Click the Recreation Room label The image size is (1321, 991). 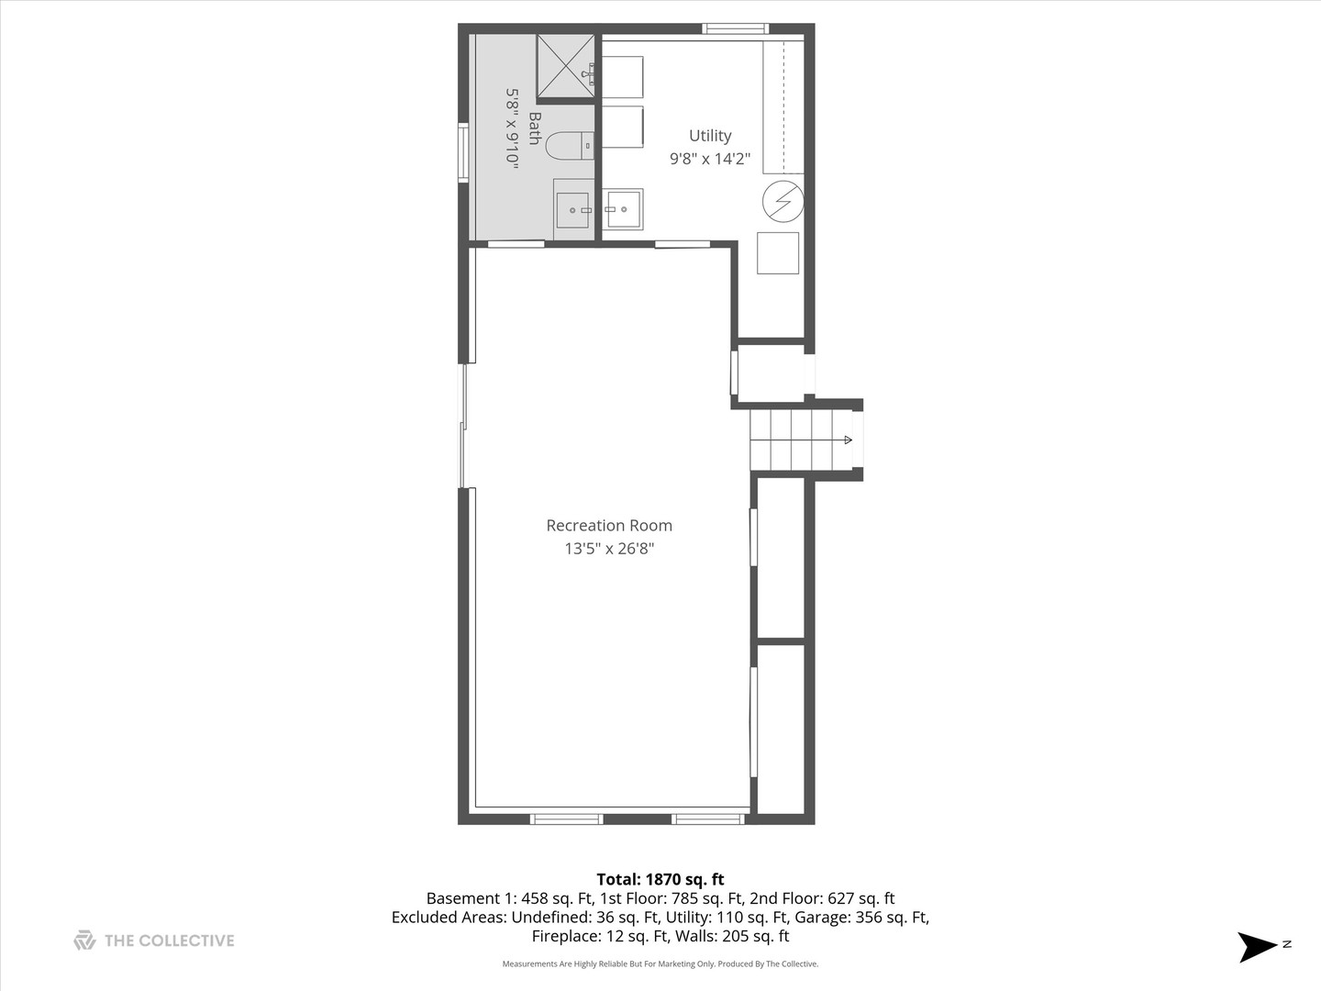(609, 526)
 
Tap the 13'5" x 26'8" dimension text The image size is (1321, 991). (609, 549)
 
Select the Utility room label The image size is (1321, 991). (710, 136)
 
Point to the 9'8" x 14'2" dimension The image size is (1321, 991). (710, 159)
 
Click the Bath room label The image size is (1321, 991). (535, 128)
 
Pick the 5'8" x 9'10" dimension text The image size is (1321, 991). (513, 128)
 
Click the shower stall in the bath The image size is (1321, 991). (565, 66)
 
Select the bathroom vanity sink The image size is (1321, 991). (573, 210)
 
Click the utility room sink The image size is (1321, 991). (624, 208)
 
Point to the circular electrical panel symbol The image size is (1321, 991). (783, 202)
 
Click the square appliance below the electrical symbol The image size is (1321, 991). (778, 252)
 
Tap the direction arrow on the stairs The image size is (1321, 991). (848, 440)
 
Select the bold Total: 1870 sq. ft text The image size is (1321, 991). (660, 879)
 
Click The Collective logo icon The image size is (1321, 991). (84, 941)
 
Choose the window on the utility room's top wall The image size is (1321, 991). (735, 28)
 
